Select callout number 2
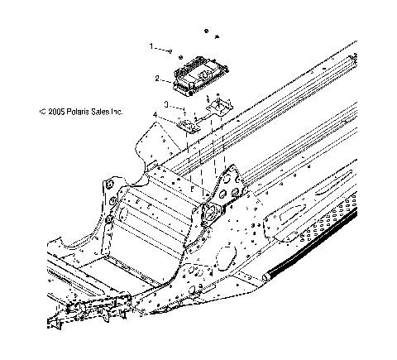point(157,79)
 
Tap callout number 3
point(165,104)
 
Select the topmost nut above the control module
point(203,31)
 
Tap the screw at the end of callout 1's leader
point(169,50)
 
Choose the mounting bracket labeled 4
point(188,125)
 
